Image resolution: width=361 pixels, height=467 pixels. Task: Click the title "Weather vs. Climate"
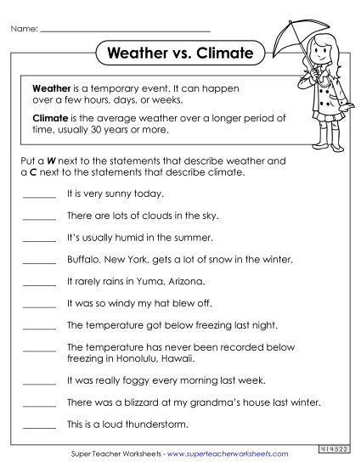tap(181, 53)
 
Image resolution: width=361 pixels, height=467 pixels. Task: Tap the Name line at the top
tap(110, 30)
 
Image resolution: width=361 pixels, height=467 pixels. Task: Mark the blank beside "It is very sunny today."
tap(39, 195)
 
